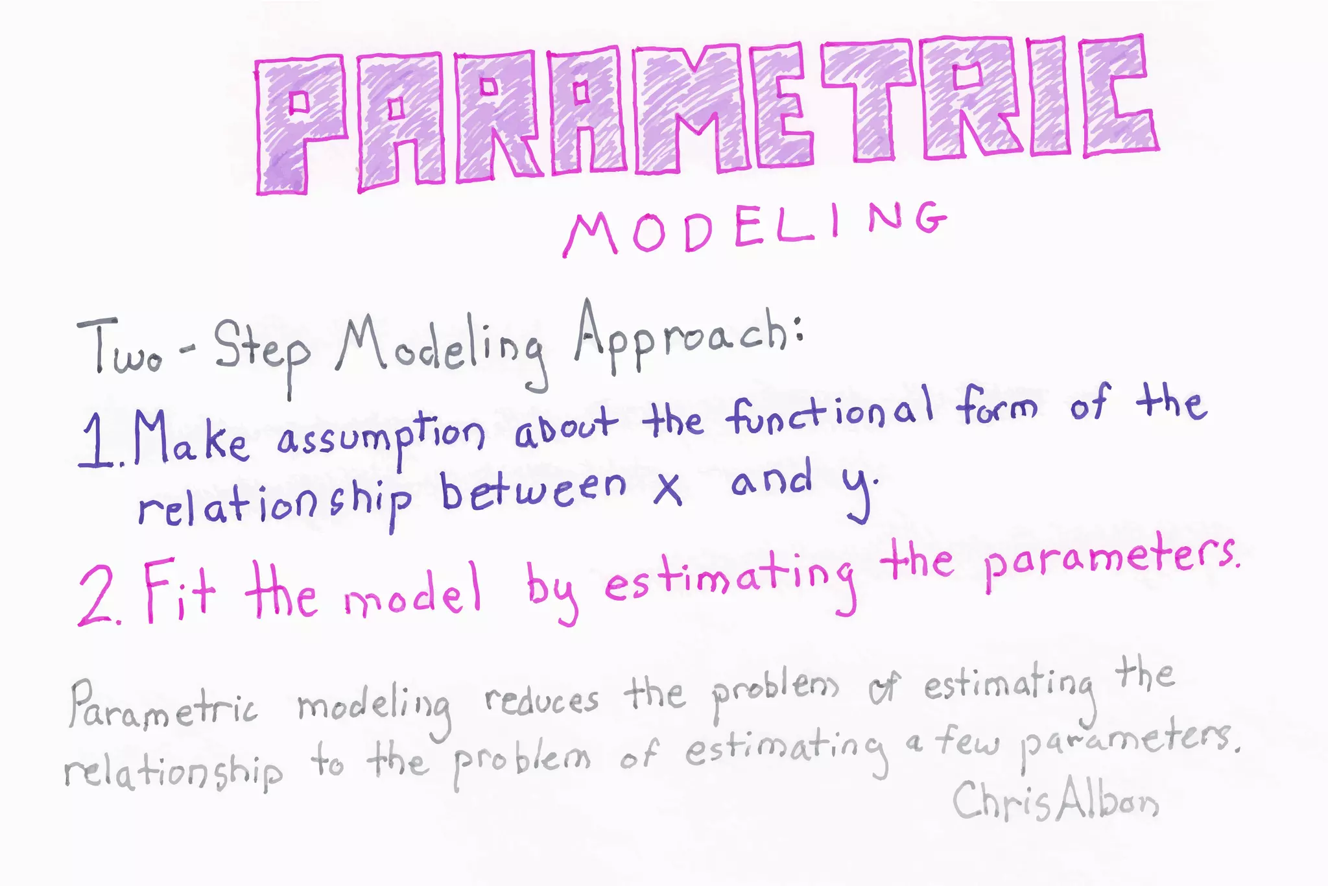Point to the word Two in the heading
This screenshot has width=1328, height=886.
click(120, 347)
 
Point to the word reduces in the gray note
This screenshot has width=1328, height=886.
click(541, 700)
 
